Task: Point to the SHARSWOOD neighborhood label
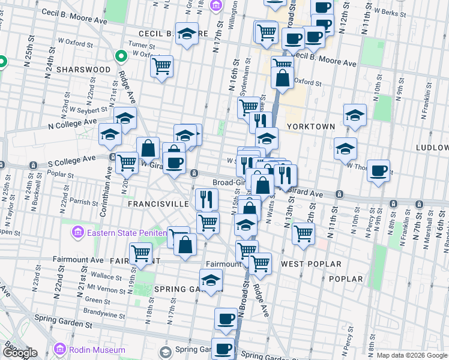pyautogui.click(x=83, y=70)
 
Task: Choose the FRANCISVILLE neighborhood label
pyautogui.click(x=158, y=204)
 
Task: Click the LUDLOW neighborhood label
pyautogui.click(x=432, y=148)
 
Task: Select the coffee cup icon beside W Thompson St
pyautogui.click(x=378, y=170)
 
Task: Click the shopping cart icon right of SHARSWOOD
pyautogui.click(x=161, y=66)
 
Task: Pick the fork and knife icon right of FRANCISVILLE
pyautogui.click(x=206, y=199)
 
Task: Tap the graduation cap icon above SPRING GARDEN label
pyautogui.click(x=211, y=280)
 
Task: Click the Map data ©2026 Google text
pyautogui.click(x=412, y=355)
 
